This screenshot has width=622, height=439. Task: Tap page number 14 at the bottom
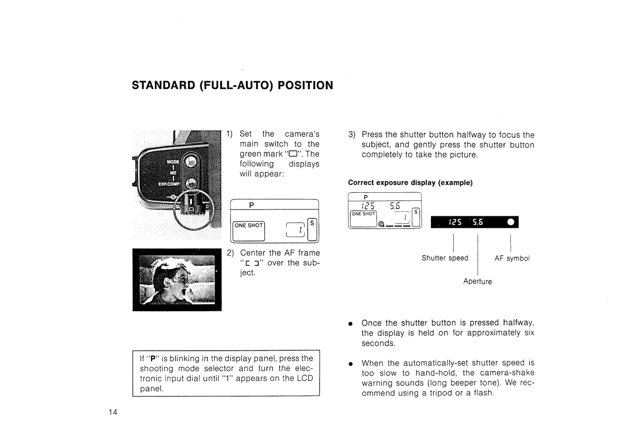click(113, 412)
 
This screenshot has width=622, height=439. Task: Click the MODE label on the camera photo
click(173, 163)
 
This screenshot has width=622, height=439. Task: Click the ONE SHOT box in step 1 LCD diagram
click(248, 226)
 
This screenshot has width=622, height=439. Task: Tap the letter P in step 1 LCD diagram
click(252, 205)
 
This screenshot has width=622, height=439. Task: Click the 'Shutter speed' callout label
click(445, 258)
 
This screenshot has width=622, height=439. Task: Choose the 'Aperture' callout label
click(478, 282)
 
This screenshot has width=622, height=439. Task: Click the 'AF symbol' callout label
click(512, 258)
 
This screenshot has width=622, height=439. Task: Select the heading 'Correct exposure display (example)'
click(409, 182)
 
